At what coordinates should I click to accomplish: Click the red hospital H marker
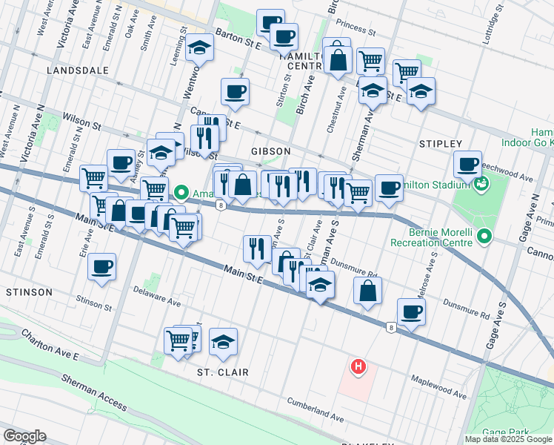pyautogui.click(x=358, y=366)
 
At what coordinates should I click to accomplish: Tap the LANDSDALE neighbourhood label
pyautogui.click(x=77, y=70)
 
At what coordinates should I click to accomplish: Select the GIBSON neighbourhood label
pyautogui.click(x=270, y=151)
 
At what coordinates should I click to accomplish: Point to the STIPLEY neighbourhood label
pyautogui.click(x=440, y=143)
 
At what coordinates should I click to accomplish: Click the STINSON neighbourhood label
pyautogui.click(x=29, y=292)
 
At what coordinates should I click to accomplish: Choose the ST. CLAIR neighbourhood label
pyautogui.click(x=222, y=372)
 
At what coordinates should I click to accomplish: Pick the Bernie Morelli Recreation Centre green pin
pyautogui.click(x=484, y=237)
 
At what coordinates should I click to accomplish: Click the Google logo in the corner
pyautogui.click(x=24, y=435)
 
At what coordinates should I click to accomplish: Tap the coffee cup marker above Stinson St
pyautogui.click(x=101, y=267)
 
